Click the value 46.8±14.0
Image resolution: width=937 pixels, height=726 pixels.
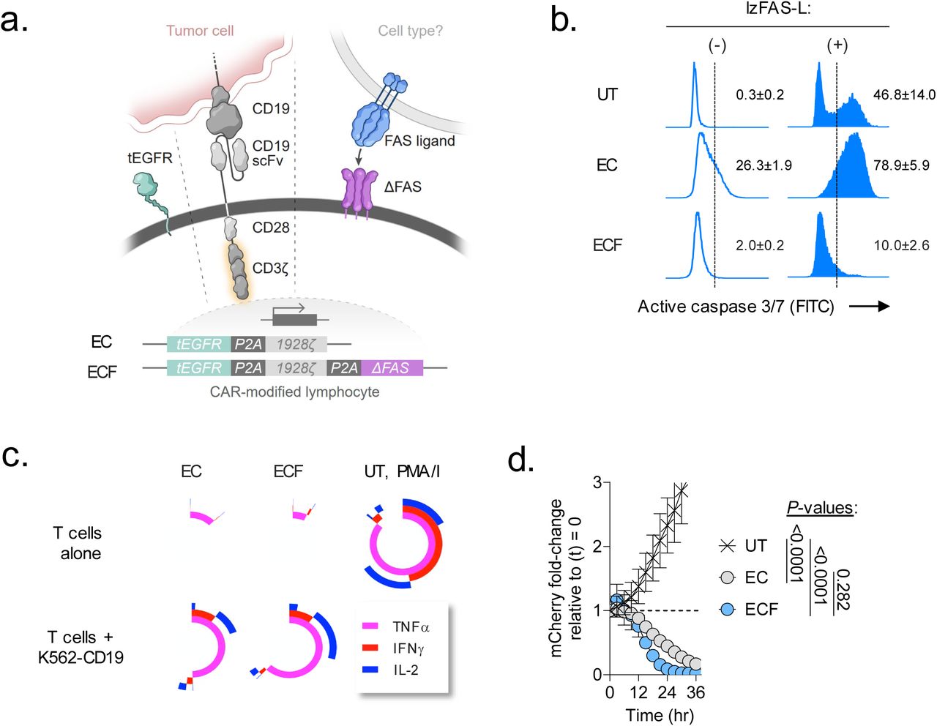(x=903, y=94)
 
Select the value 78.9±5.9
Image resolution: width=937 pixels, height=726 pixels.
(x=901, y=165)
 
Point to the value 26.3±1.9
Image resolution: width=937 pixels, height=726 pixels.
(x=764, y=165)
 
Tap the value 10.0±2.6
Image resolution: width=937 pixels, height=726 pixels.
(x=901, y=245)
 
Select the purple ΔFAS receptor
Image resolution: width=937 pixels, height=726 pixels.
(x=359, y=192)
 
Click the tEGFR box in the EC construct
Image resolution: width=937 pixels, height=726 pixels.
(x=199, y=344)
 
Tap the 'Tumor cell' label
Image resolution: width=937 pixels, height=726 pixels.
(x=200, y=31)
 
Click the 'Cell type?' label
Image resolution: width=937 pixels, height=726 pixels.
(x=410, y=31)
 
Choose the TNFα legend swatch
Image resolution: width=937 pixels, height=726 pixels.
(x=371, y=626)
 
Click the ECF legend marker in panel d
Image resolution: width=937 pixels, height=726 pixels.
(x=727, y=609)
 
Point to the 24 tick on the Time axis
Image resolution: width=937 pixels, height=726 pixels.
(x=667, y=692)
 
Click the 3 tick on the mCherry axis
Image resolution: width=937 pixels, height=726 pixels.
(x=597, y=483)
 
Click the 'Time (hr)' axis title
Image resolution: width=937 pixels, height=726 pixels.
(x=660, y=715)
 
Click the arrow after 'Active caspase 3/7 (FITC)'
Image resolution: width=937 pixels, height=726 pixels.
(x=870, y=307)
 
